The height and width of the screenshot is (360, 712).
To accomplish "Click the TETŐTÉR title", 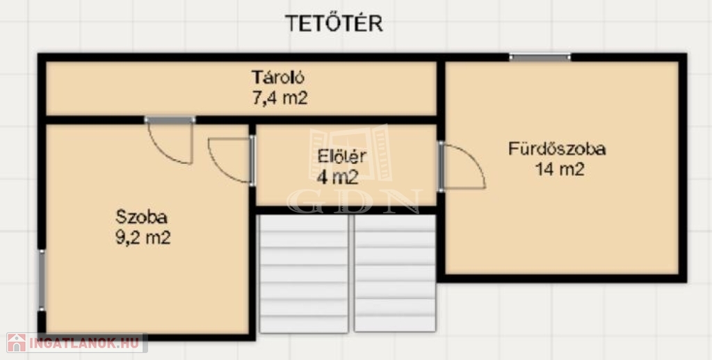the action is click(x=334, y=24).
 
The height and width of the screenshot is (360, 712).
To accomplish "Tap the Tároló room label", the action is click(x=278, y=77).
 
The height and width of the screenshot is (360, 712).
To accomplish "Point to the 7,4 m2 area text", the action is click(x=280, y=98).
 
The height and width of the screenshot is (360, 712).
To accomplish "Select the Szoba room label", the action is click(x=141, y=217).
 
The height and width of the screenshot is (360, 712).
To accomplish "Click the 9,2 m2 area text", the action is click(x=143, y=238).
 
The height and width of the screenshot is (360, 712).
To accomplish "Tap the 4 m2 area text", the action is click(x=337, y=177).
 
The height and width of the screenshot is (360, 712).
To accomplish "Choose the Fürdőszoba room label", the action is click(x=557, y=149).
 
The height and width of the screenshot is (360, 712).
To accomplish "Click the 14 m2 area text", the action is click(x=560, y=170).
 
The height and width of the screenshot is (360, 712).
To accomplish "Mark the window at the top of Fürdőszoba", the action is click(x=540, y=57).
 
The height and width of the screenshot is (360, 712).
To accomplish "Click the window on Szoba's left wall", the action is click(x=42, y=280).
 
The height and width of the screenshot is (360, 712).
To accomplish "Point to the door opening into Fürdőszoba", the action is click(x=462, y=167).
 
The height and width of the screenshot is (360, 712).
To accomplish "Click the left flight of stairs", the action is click(x=303, y=273).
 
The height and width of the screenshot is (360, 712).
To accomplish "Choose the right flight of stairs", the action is click(x=395, y=273).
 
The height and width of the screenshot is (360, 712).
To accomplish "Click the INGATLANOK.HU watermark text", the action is click(x=84, y=343).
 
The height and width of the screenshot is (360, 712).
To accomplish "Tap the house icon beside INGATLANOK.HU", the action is click(x=17, y=343).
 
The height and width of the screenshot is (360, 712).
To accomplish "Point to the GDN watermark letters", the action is click(x=355, y=202).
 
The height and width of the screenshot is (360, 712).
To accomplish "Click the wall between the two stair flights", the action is click(x=351, y=273).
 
